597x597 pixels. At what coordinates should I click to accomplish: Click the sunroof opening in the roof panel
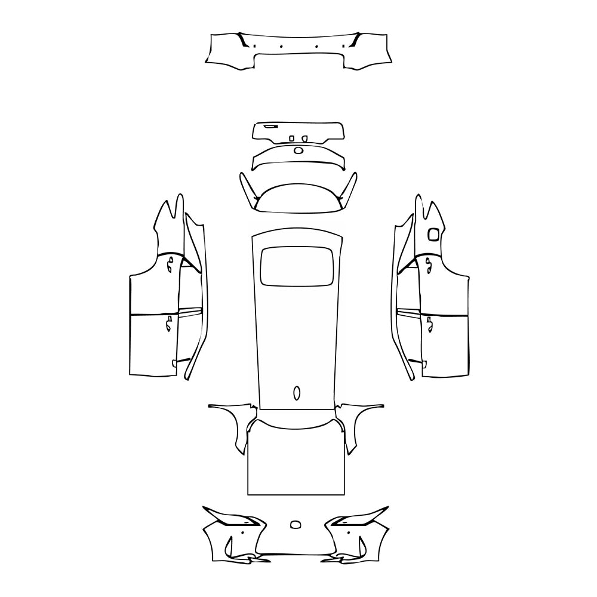297,264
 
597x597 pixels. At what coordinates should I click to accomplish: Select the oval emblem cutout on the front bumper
296,525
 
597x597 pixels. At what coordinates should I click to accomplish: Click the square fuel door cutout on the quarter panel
433,234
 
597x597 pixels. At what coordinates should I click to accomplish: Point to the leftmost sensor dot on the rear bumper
255,47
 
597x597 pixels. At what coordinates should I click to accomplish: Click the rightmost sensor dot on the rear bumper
343,47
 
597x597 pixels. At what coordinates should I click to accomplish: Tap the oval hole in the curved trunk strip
297,150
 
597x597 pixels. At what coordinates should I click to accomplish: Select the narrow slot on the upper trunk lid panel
270,127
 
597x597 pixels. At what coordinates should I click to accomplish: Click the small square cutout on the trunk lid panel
291,139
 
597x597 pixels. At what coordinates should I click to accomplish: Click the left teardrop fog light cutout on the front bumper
229,544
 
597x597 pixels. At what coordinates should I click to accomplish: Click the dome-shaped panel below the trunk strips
297,198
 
